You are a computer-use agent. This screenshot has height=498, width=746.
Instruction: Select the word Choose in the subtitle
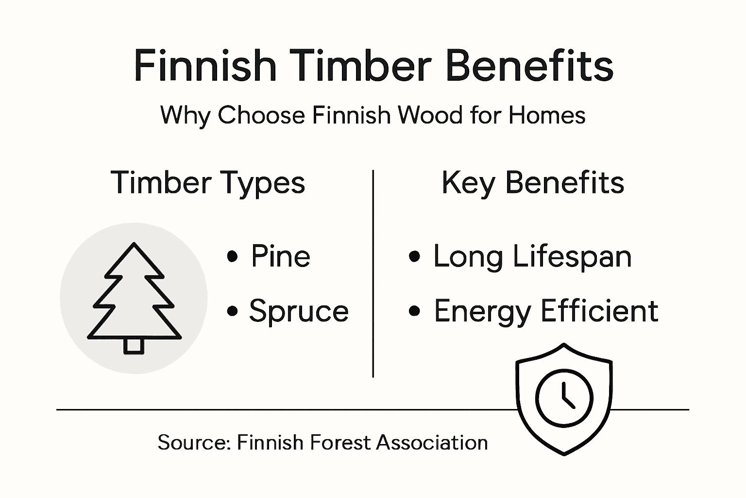tap(261, 116)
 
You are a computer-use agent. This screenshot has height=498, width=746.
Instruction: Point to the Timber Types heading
tap(208, 183)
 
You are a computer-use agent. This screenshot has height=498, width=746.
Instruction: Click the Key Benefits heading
tap(533, 183)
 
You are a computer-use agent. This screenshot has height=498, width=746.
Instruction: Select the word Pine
tap(280, 256)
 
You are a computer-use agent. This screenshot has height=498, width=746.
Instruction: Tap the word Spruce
tap(299, 311)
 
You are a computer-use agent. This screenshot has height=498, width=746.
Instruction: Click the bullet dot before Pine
tap(233, 256)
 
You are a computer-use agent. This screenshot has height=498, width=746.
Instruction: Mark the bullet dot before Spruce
tap(233, 310)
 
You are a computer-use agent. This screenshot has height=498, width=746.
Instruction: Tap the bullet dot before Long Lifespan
tap(414, 256)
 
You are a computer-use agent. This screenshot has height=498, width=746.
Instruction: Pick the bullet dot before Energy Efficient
tap(414, 310)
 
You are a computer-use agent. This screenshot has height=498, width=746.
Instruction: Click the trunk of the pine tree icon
tap(134, 346)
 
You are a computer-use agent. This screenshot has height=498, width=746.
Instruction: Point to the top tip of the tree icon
tap(134, 244)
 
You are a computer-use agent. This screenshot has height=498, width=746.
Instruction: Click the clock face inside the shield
tap(564, 397)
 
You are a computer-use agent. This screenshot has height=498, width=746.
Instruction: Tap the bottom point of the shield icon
tap(564, 454)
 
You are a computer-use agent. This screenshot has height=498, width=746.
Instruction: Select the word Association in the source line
tap(432, 443)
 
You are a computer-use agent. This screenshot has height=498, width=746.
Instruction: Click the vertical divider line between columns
tap(373, 272)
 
